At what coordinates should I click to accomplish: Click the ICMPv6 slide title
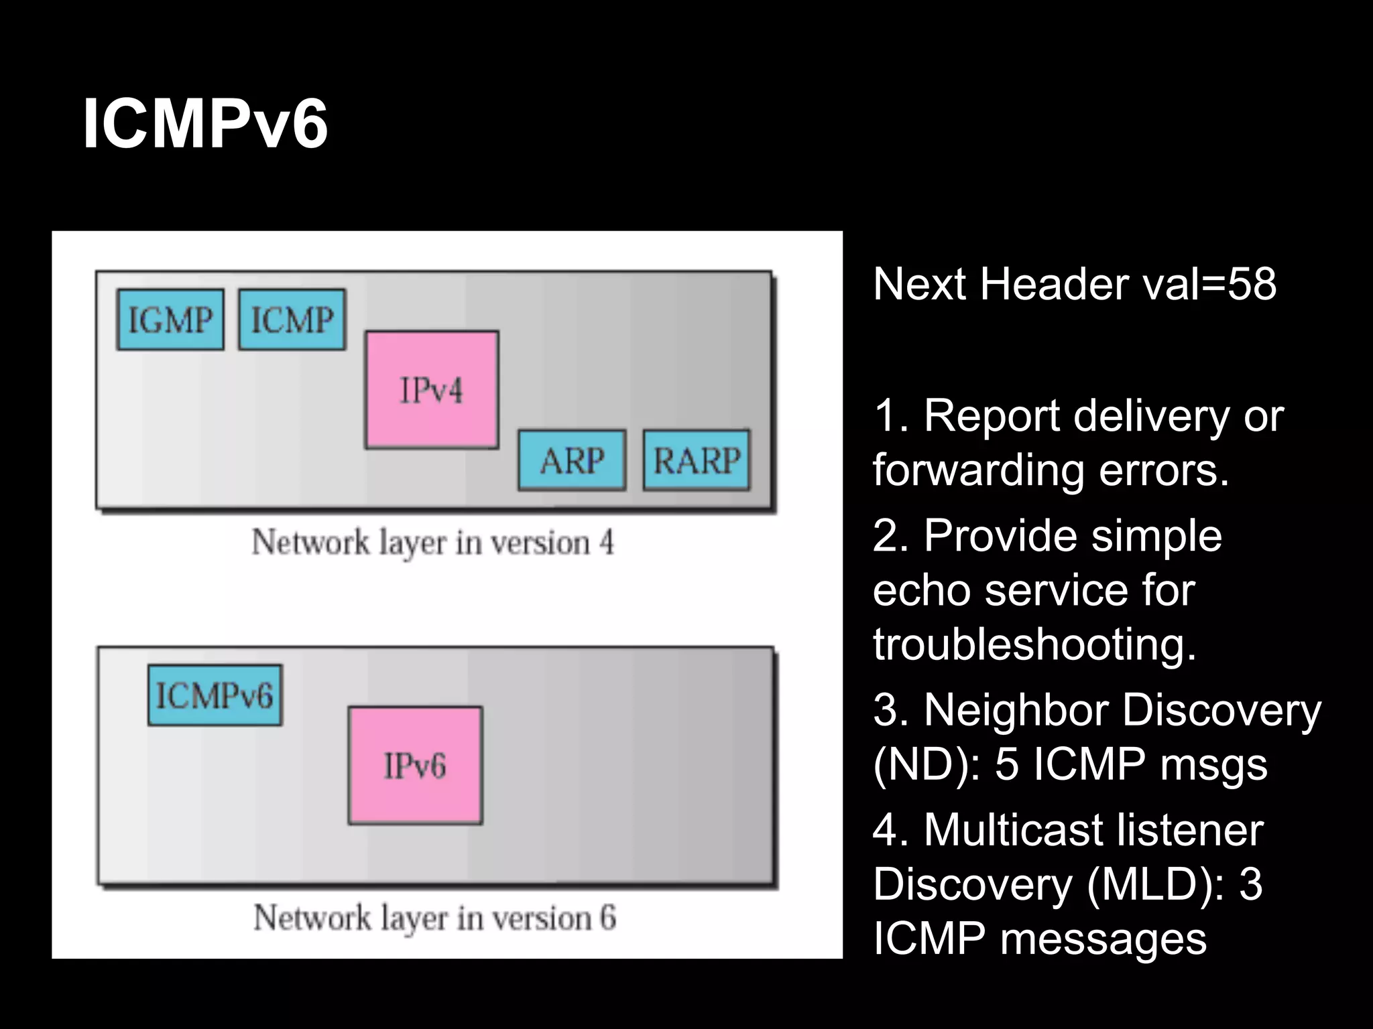(x=205, y=125)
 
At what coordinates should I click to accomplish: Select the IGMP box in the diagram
(x=170, y=320)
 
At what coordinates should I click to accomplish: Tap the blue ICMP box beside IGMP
(x=292, y=320)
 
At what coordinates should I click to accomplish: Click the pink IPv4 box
(x=432, y=390)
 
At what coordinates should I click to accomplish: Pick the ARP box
(x=572, y=460)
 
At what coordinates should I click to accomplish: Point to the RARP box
(x=697, y=460)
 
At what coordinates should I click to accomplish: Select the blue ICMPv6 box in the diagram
(x=215, y=695)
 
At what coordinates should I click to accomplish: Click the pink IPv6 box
(x=415, y=766)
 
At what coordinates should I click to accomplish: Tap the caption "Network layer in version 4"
(x=432, y=542)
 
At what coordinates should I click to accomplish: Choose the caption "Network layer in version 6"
(x=434, y=917)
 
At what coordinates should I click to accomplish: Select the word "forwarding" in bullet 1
(x=978, y=470)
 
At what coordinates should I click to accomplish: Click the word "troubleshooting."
(x=1034, y=644)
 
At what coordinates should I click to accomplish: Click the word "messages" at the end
(x=1103, y=938)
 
